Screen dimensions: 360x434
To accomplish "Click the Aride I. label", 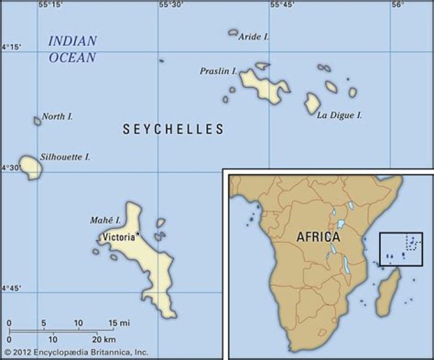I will [254, 37].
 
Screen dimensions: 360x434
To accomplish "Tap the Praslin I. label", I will [218, 71].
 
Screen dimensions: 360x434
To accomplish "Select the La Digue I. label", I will [339, 115].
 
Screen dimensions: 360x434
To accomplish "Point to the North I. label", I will [58, 116].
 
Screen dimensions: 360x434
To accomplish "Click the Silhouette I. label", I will [65, 157].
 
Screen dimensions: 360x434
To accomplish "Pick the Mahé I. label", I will [105, 221].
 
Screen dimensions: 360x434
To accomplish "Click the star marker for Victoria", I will [138, 234].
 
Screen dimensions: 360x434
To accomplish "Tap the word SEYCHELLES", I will [173, 129].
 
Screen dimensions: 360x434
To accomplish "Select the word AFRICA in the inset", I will [318, 237].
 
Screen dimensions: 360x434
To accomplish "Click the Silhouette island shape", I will [30, 167].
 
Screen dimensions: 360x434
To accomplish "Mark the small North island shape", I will [37, 121].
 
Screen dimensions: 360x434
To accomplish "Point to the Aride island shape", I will [233, 33].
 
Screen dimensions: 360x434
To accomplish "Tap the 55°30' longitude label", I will [171, 5].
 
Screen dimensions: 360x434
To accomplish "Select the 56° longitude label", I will [397, 5].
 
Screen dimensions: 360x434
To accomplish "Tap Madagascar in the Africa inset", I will [387, 294].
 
